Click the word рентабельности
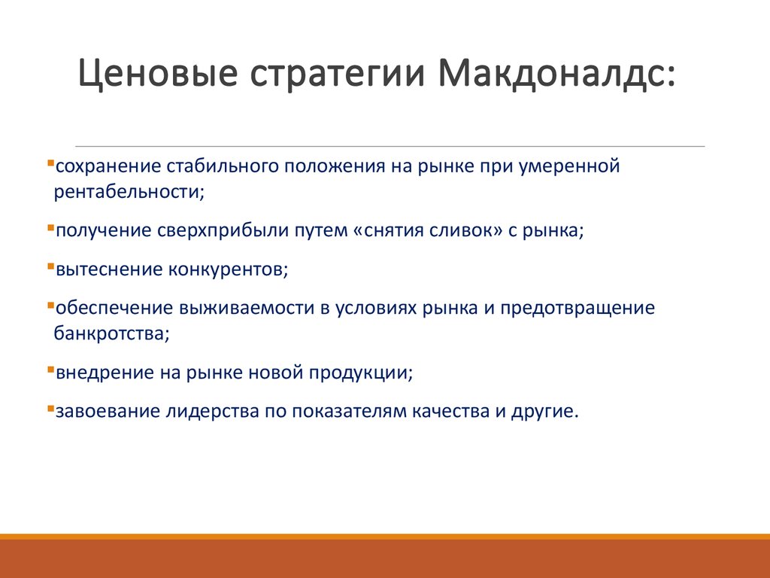pos(129,191)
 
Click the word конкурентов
pos(229,269)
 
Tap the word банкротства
pos(111,333)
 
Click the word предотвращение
pos(577,308)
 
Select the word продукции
pos(361,373)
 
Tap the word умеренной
pos(569,166)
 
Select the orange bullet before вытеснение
pos(50,266)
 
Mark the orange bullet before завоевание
pos(50,407)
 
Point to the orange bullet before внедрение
pos(50,369)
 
